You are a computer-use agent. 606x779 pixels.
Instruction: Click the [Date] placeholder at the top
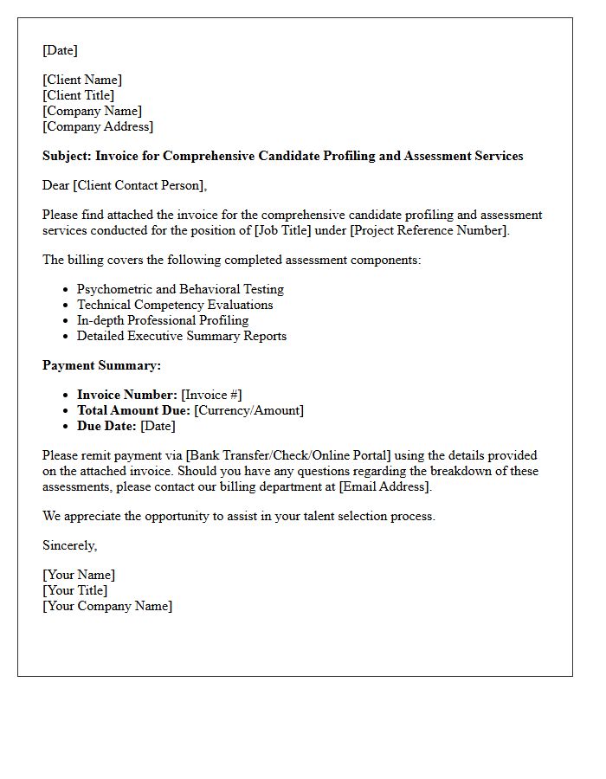coord(60,50)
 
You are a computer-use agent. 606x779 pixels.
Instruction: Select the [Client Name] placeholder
coord(82,80)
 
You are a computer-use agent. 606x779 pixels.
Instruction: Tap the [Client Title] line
coord(78,95)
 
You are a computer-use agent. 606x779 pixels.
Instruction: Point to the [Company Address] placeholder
coord(98,126)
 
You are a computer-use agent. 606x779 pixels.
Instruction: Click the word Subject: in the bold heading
coord(67,156)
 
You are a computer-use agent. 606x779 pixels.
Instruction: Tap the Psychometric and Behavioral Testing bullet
coord(180,289)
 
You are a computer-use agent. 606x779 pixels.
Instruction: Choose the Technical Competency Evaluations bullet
coord(175,305)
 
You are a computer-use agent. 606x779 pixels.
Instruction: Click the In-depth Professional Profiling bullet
coord(163,320)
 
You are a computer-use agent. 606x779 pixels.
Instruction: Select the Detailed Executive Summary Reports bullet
coord(182,336)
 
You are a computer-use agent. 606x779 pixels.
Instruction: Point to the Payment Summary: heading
coord(101,365)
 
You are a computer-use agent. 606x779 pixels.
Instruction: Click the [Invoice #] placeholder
coord(211,395)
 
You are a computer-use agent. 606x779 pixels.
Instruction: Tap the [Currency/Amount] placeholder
coord(248,410)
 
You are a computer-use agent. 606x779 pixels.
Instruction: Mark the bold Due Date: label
coord(106,426)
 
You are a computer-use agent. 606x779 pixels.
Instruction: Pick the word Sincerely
coord(68,545)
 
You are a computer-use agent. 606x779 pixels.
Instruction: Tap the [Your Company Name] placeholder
coord(107,606)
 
